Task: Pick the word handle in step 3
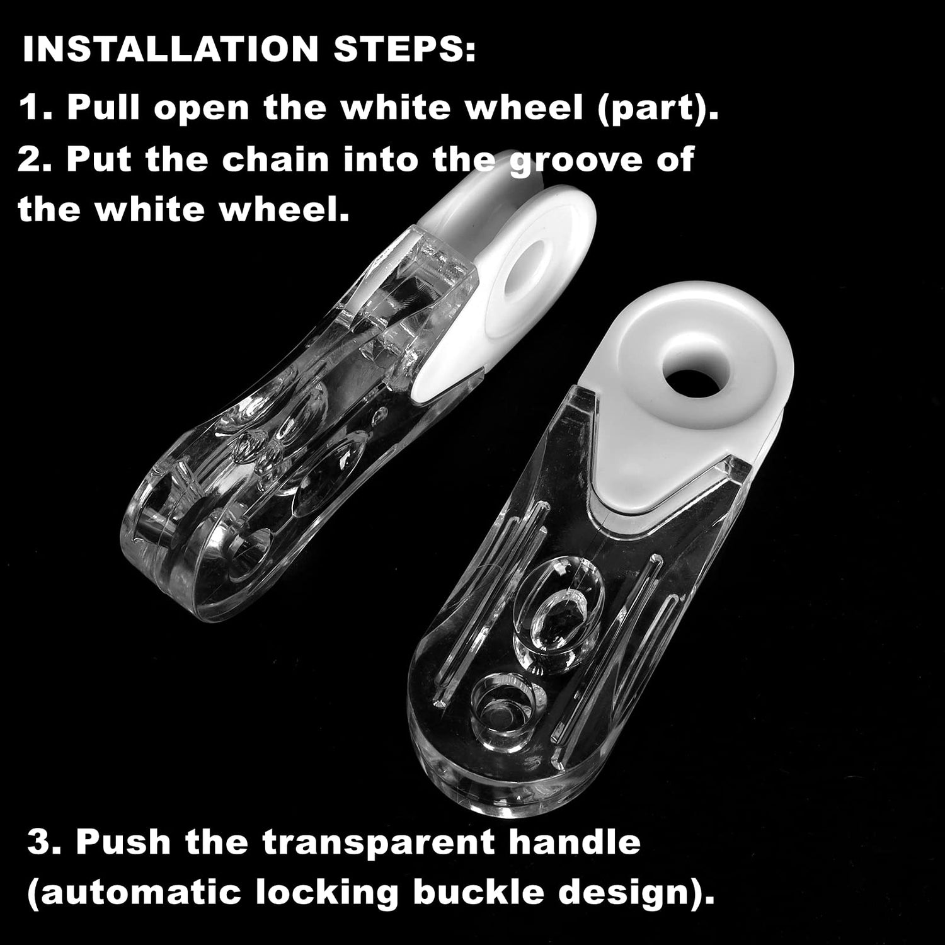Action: click(575, 842)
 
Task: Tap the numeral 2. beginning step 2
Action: click(35, 160)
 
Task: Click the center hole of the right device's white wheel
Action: click(689, 365)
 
